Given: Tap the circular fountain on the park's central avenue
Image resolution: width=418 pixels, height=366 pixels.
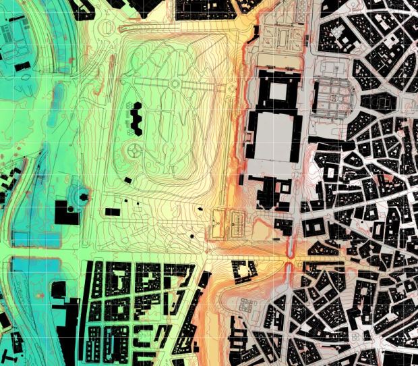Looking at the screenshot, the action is click(x=175, y=84).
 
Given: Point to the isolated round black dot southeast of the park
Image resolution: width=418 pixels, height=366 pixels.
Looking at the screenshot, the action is click(x=193, y=236).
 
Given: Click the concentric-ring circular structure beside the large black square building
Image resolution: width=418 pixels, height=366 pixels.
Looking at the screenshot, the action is click(x=80, y=198).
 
